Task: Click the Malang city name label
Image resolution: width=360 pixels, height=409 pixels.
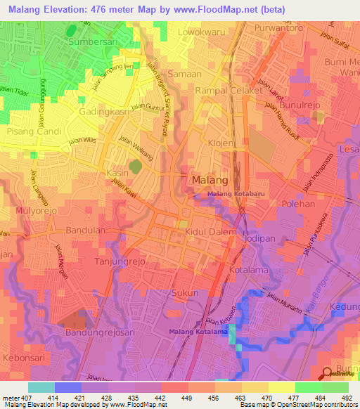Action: pos(209,181)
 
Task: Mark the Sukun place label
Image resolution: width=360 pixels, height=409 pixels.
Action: pos(186,293)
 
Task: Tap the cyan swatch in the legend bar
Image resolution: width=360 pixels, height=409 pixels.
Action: pos(41,387)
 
